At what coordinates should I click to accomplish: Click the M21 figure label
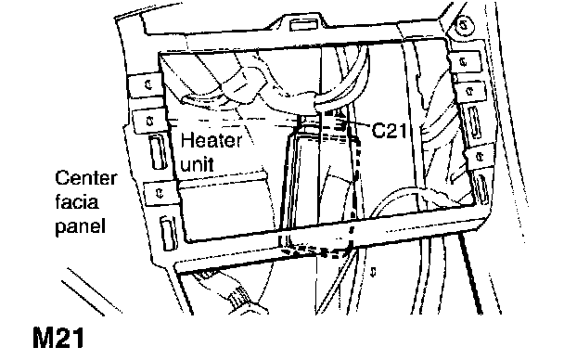(x=58, y=338)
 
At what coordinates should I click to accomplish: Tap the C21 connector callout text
(x=390, y=130)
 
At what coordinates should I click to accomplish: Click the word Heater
(x=211, y=140)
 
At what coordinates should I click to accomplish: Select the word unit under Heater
(x=197, y=163)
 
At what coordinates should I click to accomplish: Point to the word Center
(x=86, y=178)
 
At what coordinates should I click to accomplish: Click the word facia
(x=77, y=201)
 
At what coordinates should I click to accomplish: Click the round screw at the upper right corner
(x=464, y=25)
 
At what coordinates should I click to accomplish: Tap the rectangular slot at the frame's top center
(x=303, y=24)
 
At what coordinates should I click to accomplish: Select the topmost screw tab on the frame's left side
(x=145, y=85)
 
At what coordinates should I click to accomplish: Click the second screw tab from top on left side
(x=150, y=122)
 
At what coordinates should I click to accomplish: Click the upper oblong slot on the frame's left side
(x=158, y=152)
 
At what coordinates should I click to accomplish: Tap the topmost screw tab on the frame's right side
(x=465, y=62)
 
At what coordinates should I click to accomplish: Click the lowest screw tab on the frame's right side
(x=480, y=157)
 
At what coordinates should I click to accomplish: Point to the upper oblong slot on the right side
(x=474, y=122)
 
